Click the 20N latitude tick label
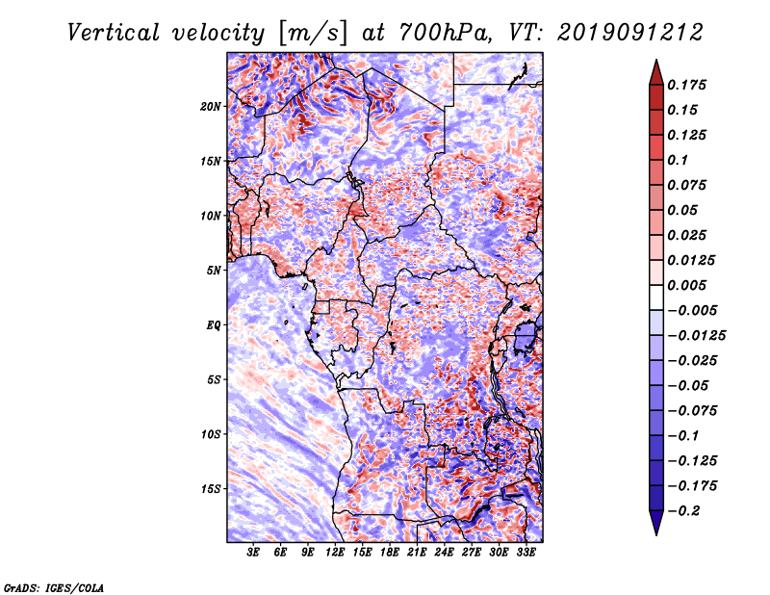pyautogui.click(x=211, y=106)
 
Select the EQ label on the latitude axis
pyautogui.click(x=214, y=324)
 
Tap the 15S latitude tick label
pyautogui.click(x=211, y=489)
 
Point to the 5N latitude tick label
pyautogui.click(x=214, y=271)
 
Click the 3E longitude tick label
pyautogui.click(x=253, y=553)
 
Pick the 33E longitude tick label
pyautogui.click(x=526, y=553)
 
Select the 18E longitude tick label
pyautogui.click(x=390, y=553)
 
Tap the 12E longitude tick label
pyautogui.click(x=335, y=553)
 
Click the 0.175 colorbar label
pyautogui.click(x=686, y=85)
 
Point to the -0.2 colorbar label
pyautogui.click(x=683, y=511)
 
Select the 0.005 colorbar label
pyautogui.click(x=686, y=285)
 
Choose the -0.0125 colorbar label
pyautogui.click(x=696, y=336)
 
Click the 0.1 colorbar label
pyautogui.click(x=678, y=160)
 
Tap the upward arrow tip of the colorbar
pyautogui.click(x=656, y=60)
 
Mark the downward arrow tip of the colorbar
pyautogui.click(x=656, y=535)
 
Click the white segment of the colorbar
pyautogui.click(x=656, y=297)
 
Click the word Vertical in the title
pyautogui.click(x=114, y=33)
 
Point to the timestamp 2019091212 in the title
pyautogui.click(x=630, y=33)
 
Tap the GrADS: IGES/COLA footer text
pyautogui.click(x=54, y=587)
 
